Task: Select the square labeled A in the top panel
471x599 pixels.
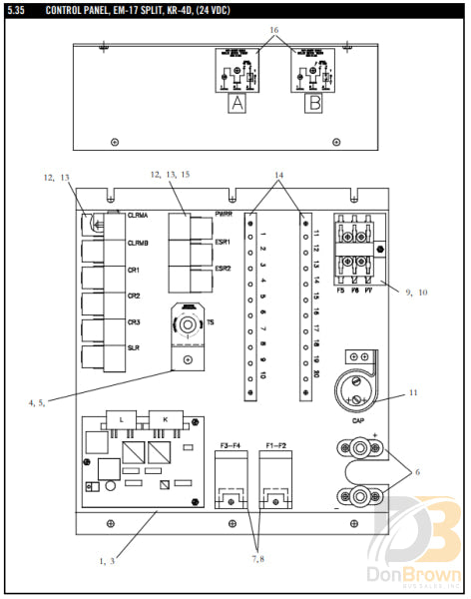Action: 236,101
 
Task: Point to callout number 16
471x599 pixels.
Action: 274,31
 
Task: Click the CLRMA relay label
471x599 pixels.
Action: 139,216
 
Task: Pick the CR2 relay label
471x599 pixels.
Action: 134,297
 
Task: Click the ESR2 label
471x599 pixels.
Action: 224,269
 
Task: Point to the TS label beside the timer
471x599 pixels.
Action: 211,321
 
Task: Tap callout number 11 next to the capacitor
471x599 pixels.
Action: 412,393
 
